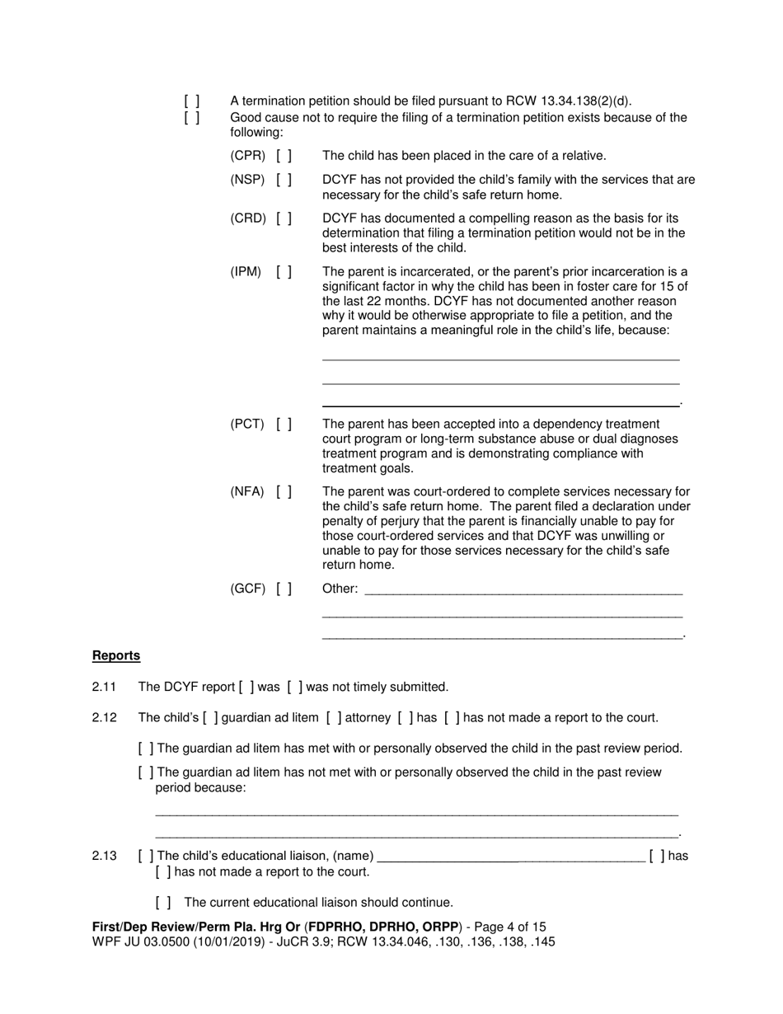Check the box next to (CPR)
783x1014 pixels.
[x=284, y=156]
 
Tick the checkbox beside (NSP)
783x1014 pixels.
[x=284, y=180]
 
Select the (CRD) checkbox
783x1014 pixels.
[x=284, y=218]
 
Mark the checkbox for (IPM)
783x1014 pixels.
[x=284, y=272]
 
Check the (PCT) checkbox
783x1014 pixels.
[x=284, y=425]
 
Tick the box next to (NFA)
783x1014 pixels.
[x=284, y=492]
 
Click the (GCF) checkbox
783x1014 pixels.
[x=284, y=589]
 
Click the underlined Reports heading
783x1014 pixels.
[x=116, y=656]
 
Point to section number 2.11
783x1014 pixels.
[x=104, y=687]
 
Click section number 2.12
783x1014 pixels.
[x=104, y=718]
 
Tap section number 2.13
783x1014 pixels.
[x=104, y=856]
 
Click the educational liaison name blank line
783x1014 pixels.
[x=511, y=857]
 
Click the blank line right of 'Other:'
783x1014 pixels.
[x=523, y=590]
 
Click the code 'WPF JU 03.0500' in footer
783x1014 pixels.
[x=134, y=941]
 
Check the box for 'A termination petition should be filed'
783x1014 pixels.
[x=192, y=101]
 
